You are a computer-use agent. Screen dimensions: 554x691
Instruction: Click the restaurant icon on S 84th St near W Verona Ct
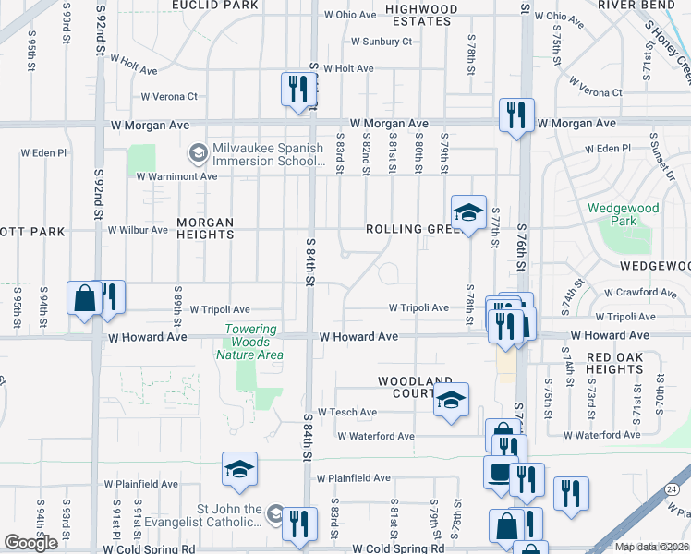click(297, 90)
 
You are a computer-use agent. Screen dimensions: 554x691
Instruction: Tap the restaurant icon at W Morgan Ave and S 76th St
click(515, 114)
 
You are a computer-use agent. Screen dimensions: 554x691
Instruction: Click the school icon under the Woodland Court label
click(451, 399)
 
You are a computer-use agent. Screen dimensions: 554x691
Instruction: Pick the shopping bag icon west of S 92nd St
click(83, 297)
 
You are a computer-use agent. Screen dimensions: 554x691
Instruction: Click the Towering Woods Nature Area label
click(249, 342)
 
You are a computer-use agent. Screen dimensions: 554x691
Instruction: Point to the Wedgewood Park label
click(624, 214)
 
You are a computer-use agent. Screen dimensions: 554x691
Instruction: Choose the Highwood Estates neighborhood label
click(421, 16)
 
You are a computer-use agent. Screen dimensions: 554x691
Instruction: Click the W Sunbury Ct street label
click(382, 42)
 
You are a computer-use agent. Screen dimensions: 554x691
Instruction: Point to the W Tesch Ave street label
click(346, 413)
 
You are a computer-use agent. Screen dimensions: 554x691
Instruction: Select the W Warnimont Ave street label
click(176, 175)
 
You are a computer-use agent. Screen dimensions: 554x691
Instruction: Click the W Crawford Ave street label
click(643, 293)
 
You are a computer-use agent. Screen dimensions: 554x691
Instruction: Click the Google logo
click(30, 543)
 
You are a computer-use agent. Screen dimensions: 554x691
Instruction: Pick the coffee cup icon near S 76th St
click(500, 471)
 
